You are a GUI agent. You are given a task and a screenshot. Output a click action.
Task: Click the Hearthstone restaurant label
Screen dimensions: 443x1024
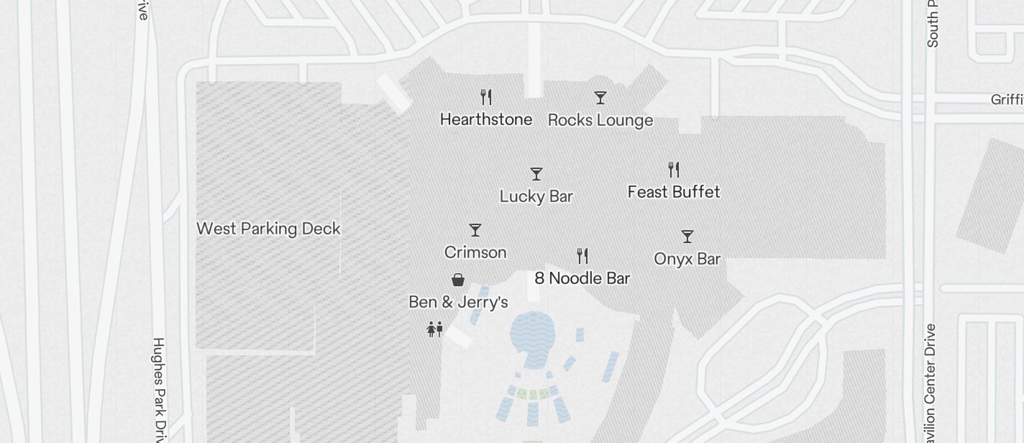point(486,119)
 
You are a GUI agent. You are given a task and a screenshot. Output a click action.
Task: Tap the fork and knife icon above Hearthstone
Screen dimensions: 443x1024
point(486,96)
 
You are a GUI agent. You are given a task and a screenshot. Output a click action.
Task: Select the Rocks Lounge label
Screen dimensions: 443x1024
point(600,120)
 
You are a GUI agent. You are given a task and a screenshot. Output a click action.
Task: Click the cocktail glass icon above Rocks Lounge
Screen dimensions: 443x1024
point(600,97)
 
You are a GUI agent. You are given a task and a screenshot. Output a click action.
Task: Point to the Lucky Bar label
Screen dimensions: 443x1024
point(536,196)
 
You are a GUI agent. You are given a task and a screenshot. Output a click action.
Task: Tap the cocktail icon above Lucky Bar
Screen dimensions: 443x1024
point(536,174)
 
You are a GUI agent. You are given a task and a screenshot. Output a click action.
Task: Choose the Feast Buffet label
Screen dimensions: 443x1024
point(674,192)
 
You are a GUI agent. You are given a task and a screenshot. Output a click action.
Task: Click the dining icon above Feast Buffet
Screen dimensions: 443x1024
point(674,170)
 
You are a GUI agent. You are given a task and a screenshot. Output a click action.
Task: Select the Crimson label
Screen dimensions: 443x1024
point(475,252)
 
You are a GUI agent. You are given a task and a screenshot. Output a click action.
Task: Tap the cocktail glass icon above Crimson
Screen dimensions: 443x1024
point(475,230)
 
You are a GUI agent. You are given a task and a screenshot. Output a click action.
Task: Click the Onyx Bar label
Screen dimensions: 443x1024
point(687,259)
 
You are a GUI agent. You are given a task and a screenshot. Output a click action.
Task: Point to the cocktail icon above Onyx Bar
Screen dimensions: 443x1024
point(687,236)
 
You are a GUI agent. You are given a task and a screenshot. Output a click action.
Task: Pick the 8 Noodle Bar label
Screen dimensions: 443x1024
point(582,278)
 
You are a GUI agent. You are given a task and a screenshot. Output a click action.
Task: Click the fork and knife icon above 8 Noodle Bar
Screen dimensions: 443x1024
point(582,255)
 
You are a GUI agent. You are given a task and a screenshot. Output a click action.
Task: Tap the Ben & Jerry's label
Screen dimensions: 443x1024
point(458,302)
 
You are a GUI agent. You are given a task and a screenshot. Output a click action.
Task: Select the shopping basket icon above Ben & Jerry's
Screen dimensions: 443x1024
point(458,279)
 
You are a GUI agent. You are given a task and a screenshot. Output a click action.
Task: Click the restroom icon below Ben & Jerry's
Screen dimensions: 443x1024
point(434,329)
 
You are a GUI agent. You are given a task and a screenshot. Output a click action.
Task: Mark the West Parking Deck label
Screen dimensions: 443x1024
point(268,229)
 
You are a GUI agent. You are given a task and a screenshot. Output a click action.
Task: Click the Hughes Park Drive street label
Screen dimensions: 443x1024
point(159,388)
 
